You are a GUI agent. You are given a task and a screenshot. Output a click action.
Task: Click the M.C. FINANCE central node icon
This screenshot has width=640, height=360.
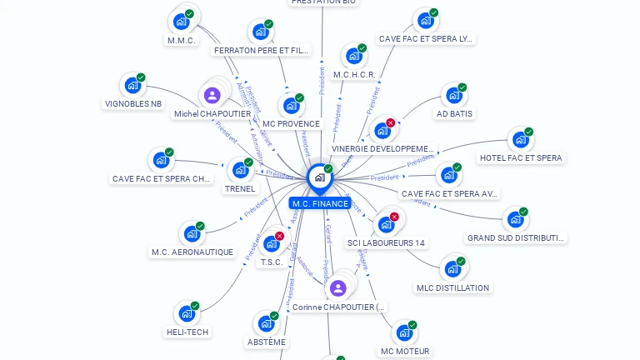coord(319,177)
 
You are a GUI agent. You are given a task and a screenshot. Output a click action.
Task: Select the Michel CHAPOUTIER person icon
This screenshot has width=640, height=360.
coord(212,95)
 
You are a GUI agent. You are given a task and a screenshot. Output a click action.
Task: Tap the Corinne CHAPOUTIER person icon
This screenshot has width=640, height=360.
coord(337,288)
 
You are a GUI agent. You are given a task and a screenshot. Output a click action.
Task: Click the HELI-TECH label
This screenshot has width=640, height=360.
coord(187,332)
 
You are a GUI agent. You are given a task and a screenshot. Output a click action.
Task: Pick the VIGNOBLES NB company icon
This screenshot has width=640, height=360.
coord(132,85)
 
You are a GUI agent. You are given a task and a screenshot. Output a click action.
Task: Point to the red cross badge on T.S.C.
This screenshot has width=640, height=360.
coord(279,236)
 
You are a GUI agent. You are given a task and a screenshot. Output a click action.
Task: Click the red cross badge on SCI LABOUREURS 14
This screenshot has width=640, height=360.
coord(394,217)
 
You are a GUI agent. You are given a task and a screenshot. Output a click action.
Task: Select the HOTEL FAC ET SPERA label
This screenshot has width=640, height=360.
coord(521,157)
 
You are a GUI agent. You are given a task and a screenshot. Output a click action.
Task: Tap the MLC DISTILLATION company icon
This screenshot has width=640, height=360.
coord(452,269)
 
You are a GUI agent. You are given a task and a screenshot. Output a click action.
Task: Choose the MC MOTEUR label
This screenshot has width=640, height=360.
coord(405,351)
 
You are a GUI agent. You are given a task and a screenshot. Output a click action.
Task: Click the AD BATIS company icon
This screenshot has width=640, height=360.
coord(452,95)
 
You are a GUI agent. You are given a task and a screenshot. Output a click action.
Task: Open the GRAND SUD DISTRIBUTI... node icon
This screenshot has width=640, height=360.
coord(514,220)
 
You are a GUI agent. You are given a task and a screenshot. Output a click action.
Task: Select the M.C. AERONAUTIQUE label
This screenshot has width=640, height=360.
coord(192,252)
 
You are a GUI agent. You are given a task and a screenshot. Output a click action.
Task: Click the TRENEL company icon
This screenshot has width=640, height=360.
coord(240,170)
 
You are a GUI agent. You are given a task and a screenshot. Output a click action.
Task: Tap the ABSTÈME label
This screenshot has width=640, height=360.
coord(267,342)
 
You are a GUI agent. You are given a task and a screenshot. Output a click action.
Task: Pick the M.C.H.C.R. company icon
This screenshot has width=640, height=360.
coord(353,57)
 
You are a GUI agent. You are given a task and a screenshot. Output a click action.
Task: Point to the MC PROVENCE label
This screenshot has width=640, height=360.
coord(291,123)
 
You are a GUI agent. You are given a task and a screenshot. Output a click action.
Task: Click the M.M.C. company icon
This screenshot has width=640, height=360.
coord(180,22)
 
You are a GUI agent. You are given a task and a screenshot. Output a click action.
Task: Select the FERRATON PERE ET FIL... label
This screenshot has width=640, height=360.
coord(262,50)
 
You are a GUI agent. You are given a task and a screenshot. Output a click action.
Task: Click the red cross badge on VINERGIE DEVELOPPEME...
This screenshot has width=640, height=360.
coord(390,122)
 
